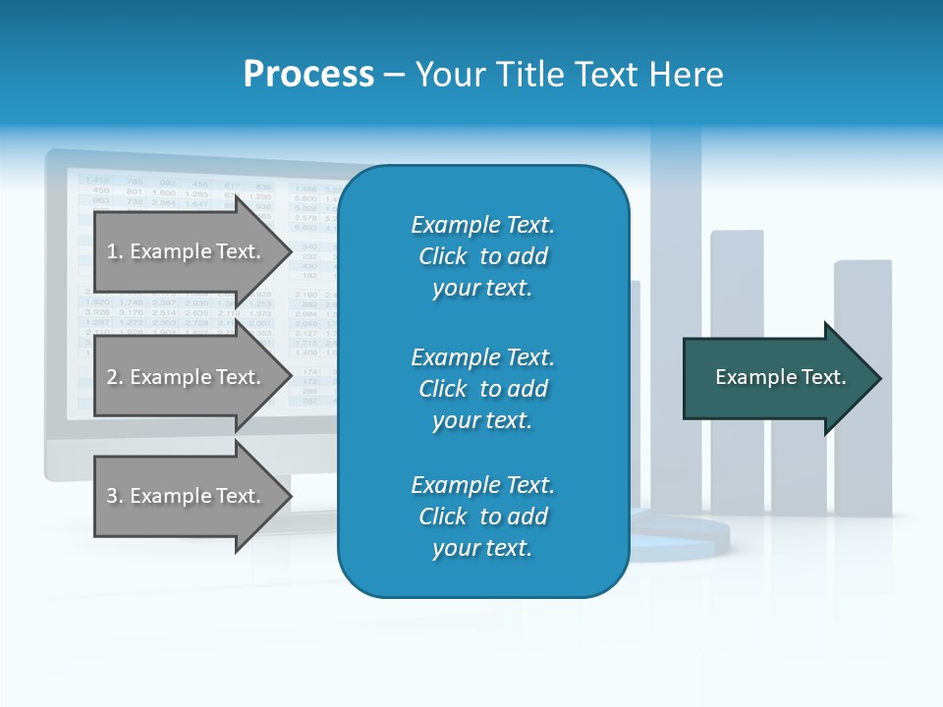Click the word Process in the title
tap(308, 75)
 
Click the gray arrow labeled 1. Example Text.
tap(187, 251)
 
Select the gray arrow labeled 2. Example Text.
tap(187, 377)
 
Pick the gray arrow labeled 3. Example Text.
tap(187, 496)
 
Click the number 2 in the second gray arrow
tap(112, 377)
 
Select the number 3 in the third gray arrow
tap(112, 496)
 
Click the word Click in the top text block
tap(442, 256)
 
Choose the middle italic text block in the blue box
tap(482, 389)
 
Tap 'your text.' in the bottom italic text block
tap(482, 548)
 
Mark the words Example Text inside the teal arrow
tap(780, 377)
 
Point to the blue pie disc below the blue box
tap(688, 538)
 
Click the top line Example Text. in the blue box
tap(482, 225)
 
